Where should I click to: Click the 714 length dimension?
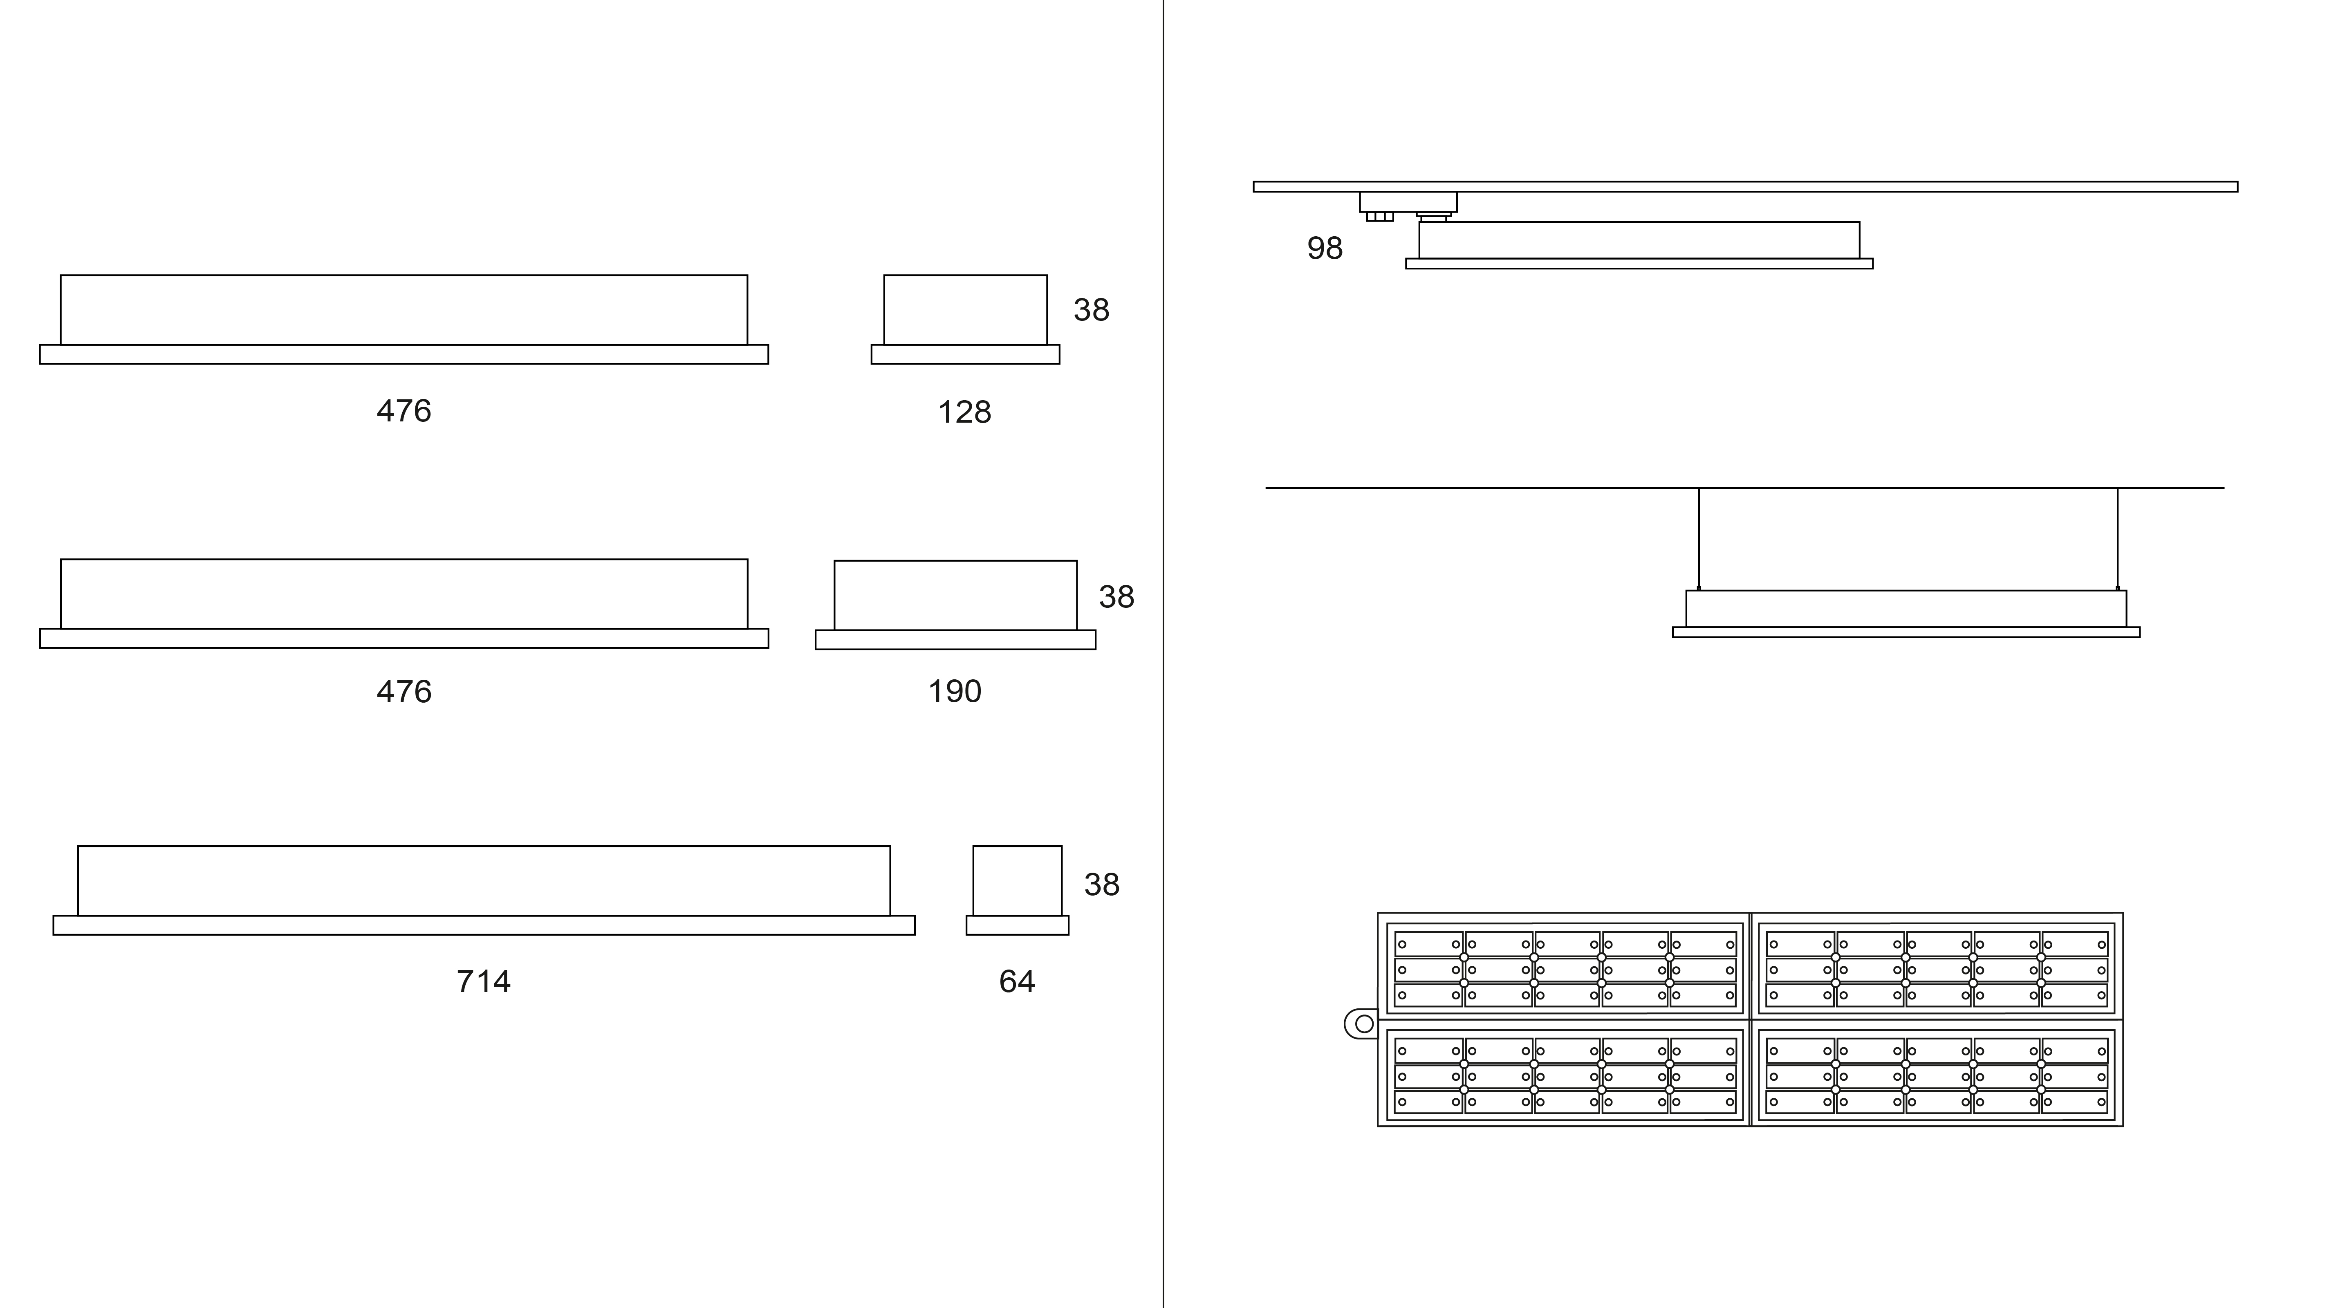tap(483, 981)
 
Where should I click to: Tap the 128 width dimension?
tap(964, 412)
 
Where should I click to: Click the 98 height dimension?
tap(1324, 249)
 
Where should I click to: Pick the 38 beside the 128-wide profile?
tap(1090, 310)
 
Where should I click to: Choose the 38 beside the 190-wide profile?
tap(1116, 596)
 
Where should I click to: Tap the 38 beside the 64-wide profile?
tap(1101, 885)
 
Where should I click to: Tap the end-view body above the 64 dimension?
tap(1017, 881)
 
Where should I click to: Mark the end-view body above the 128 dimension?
tap(965, 310)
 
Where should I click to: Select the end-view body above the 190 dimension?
tap(955, 595)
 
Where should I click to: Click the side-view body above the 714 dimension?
tap(483, 881)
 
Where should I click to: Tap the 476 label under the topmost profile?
tap(404, 411)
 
